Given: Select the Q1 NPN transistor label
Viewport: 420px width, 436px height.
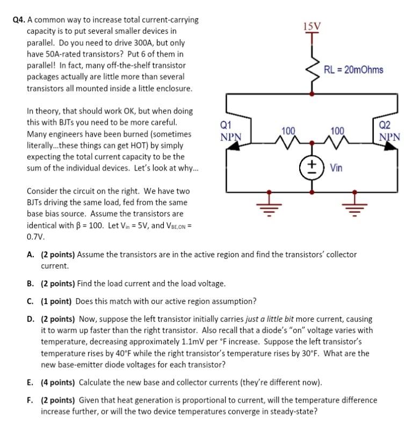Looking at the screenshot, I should pos(229,131).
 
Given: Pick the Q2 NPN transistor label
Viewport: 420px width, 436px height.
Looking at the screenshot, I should pos(389,131).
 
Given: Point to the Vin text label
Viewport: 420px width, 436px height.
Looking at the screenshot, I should pos(336,168).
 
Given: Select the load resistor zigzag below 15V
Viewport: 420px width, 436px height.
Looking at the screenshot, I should pos(312,67).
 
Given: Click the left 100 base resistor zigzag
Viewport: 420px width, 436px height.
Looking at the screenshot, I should pos(288,142).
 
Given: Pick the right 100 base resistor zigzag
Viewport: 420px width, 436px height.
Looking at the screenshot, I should pos(337,142).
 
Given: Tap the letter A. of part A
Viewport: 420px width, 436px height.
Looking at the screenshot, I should pos(31,255).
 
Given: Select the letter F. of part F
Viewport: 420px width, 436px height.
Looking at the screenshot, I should pos(31,400).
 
